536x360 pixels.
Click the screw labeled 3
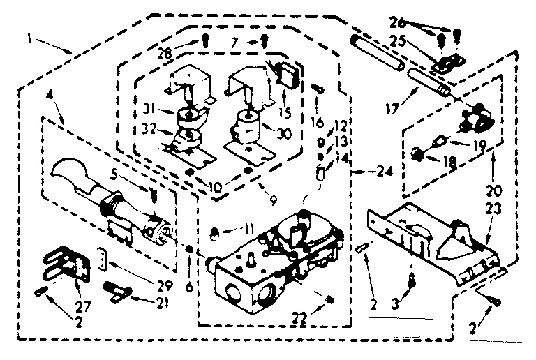click(x=412, y=279)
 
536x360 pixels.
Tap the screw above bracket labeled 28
click(x=206, y=40)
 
